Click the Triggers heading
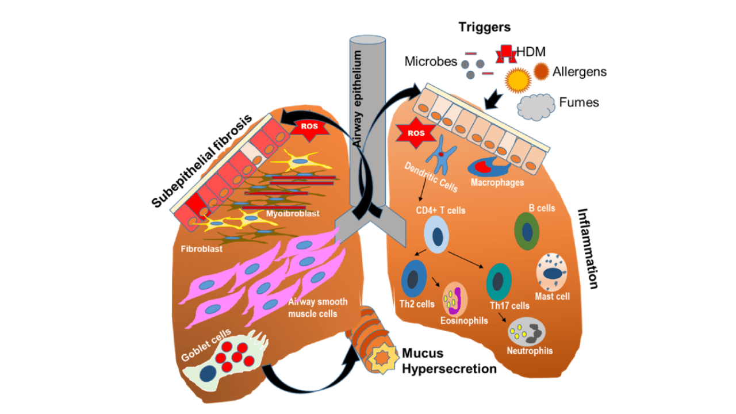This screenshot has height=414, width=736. (484, 27)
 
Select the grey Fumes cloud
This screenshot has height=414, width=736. (536, 105)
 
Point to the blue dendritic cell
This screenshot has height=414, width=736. (441, 154)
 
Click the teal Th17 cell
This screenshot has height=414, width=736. (499, 280)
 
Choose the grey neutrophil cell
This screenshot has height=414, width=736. (526, 331)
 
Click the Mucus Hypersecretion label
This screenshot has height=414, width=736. (448, 361)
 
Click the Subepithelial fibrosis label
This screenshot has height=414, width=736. (202, 160)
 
